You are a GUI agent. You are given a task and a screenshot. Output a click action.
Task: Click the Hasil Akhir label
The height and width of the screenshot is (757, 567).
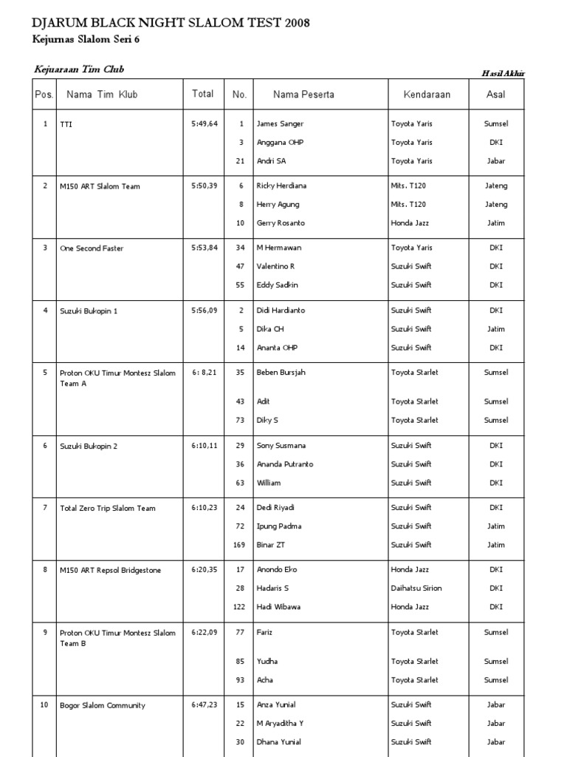click(x=503, y=72)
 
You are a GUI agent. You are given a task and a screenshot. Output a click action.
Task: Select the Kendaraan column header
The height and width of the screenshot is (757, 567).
click(x=426, y=95)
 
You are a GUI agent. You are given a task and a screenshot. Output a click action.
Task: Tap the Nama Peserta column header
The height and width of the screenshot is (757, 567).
click(x=303, y=95)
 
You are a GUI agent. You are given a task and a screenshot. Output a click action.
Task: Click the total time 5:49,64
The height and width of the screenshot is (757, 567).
click(x=205, y=124)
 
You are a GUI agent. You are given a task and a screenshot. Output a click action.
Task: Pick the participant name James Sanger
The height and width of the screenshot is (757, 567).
click(x=280, y=124)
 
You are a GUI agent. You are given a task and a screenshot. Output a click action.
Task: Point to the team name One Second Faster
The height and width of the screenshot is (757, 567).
click(x=92, y=248)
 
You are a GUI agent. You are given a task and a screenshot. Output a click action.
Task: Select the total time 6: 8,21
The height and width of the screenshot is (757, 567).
click(x=205, y=373)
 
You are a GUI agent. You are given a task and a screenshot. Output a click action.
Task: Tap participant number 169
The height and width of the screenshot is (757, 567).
click(x=238, y=545)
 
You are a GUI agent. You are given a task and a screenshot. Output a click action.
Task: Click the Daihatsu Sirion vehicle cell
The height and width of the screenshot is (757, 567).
click(x=416, y=588)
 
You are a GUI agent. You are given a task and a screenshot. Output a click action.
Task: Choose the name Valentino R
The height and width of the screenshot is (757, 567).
click(x=275, y=266)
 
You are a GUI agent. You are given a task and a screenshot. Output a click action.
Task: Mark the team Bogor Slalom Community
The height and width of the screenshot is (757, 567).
click(x=103, y=705)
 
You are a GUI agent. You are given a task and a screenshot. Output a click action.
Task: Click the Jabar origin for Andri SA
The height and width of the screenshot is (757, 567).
click(x=496, y=161)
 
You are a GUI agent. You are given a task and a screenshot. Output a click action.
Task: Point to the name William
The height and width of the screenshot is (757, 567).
click(x=269, y=483)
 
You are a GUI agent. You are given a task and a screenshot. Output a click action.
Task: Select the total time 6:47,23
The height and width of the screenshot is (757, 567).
click(x=205, y=705)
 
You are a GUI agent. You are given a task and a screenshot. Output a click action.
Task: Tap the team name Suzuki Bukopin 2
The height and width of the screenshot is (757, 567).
click(x=89, y=447)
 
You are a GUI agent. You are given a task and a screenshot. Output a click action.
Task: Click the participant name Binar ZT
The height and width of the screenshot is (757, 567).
click(x=271, y=545)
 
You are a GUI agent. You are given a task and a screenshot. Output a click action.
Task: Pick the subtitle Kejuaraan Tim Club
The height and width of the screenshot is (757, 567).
click(x=79, y=69)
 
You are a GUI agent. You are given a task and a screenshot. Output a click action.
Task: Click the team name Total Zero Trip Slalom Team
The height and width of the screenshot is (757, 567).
click(x=108, y=509)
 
